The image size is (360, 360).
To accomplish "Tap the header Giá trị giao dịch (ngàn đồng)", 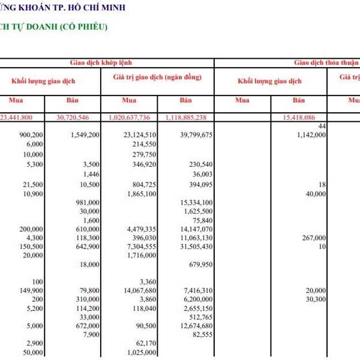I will pyautogui.click(x=158, y=77).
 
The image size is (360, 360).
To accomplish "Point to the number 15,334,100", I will pyautogui.click(x=196, y=202).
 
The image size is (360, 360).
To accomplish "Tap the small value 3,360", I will pyautogui.click(x=148, y=281).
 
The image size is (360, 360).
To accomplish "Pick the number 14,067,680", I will pyautogui.click(x=139, y=290).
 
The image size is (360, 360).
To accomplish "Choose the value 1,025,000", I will pyautogui.click(x=142, y=352).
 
